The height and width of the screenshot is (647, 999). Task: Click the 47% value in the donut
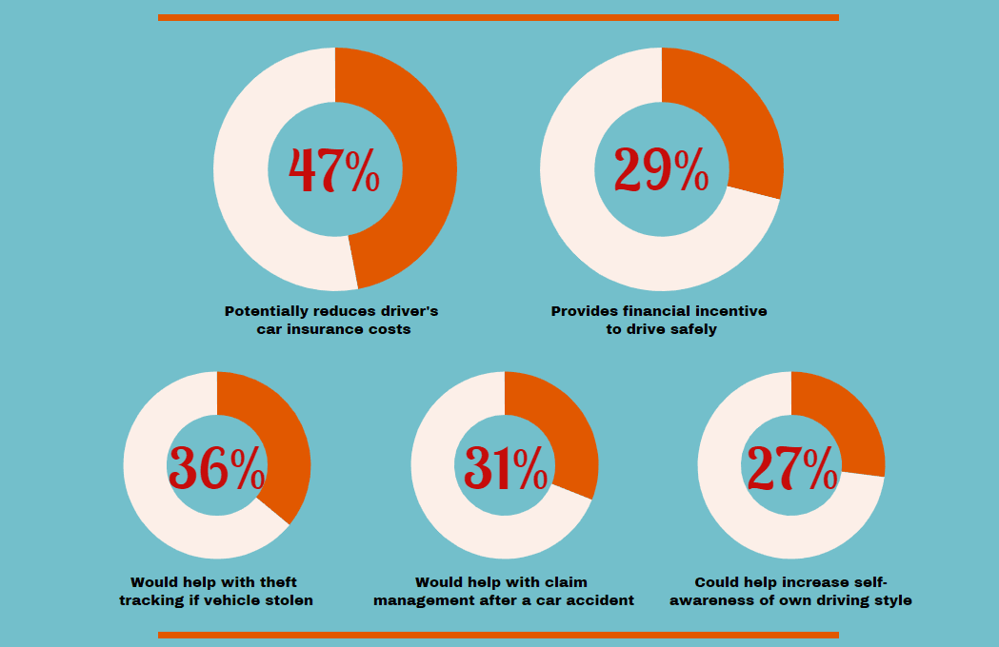tap(334, 170)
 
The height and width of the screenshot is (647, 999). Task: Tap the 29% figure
tap(661, 170)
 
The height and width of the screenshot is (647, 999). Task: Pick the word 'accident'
tap(599, 600)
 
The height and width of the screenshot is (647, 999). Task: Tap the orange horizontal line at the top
tap(498, 17)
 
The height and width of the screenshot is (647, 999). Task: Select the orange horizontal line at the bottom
tap(498, 635)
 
